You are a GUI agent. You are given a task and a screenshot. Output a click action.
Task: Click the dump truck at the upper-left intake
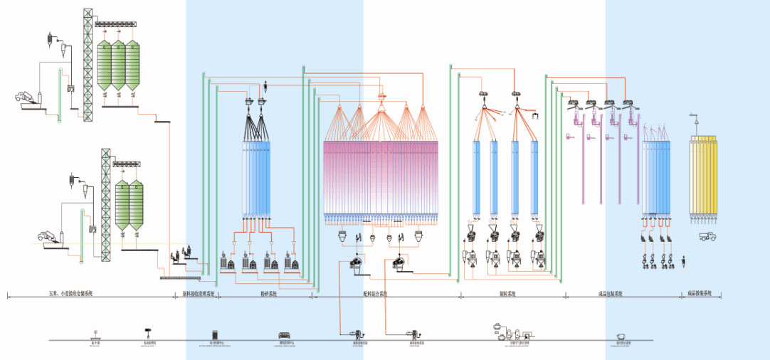[x=23, y=97]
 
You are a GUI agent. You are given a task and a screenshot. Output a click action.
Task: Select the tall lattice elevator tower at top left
[x=88, y=64]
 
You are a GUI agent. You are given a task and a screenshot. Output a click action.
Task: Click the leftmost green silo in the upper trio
[x=104, y=65]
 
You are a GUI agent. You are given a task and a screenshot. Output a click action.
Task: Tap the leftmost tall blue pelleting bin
[x=477, y=178]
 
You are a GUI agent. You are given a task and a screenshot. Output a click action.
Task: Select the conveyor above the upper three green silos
[x=117, y=26]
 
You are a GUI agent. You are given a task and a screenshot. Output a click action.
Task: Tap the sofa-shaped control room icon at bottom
[x=284, y=334]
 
